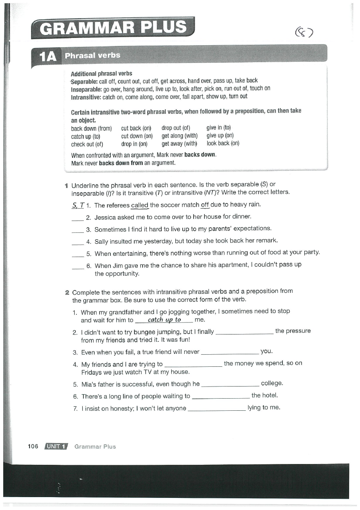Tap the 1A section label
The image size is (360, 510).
pyautogui.click(x=48, y=56)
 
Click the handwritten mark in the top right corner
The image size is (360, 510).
pyautogui.click(x=304, y=31)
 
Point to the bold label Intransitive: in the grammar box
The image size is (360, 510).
pyautogui.click(x=86, y=97)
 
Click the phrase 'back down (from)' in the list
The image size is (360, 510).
pyautogui.click(x=91, y=129)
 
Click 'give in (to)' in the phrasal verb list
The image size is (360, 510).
pyautogui.click(x=218, y=129)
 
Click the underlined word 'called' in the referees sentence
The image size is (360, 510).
pyautogui.click(x=139, y=205)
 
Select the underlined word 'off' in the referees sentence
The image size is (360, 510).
pyautogui.click(x=205, y=205)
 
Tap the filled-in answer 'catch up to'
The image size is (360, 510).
pyautogui.click(x=164, y=320)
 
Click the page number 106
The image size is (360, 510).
pyautogui.click(x=33, y=446)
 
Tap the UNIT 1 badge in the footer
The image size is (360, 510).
pyautogui.click(x=56, y=446)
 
